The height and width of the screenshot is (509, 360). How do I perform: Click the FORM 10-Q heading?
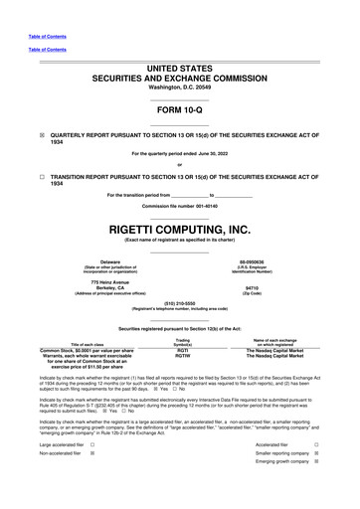click(180, 109)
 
